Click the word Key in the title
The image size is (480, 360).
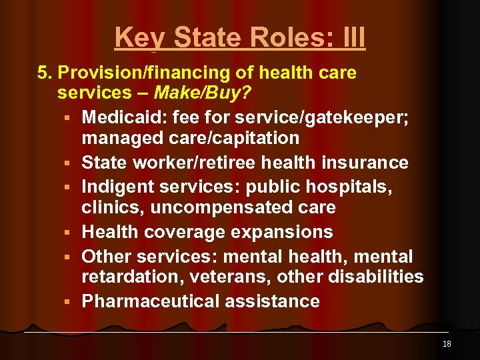coord(136,38)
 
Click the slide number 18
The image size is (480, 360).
coord(447,344)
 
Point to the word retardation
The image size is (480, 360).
coord(129,276)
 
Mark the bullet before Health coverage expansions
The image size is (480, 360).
coord(69,233)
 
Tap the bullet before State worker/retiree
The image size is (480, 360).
coord(69,163)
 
